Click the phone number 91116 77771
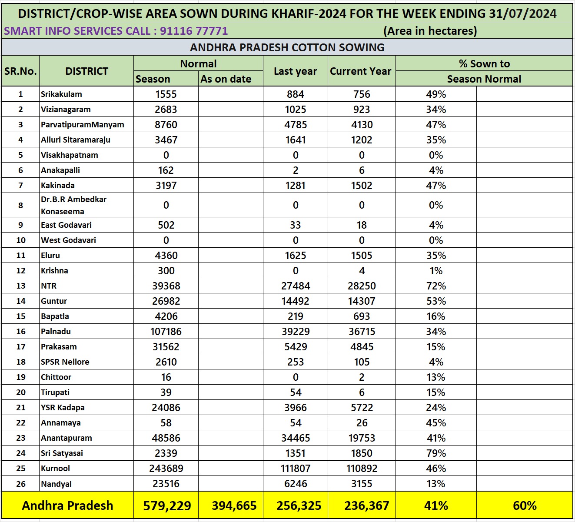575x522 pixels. click(194, 31)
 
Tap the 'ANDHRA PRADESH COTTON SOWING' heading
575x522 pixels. click(287, 47)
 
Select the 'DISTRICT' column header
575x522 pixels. click(86, 71)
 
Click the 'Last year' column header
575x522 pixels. click(295, 71)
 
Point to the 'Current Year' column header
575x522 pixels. click(361, 71)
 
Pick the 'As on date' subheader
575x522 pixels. click(226, 79)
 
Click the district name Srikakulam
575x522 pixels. click(61, 94)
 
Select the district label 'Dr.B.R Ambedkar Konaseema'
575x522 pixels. click(73, 205)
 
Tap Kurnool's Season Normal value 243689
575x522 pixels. click(166, 469)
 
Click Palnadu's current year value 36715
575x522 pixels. click(362, 332)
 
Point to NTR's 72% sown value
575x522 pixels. click(436, 286)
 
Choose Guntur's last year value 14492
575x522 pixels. click(296, 301)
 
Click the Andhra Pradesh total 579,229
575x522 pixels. click(167, 506)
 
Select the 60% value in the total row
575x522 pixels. click(525, 506)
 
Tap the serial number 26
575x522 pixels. click(21, 484)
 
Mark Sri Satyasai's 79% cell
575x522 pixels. click(436, 453)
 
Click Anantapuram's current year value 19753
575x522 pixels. click(362, 438)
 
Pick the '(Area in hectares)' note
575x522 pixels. click(430, 31)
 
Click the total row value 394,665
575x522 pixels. click(234, 506)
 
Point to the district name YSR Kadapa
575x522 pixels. click(63, 408)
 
